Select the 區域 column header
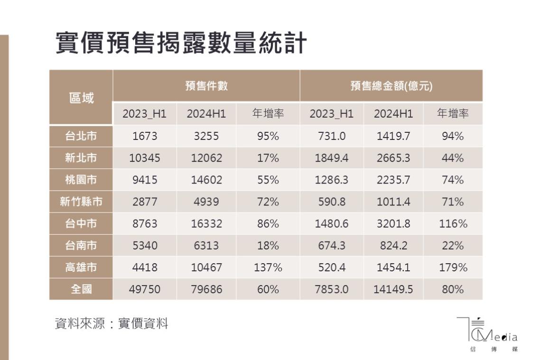[81, 98]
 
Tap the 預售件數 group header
[206, 86]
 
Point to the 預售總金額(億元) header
[391, 86]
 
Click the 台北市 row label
[81, 136]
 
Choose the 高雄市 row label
[81, 268]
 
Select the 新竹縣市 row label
[81, 202]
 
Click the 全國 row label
[81, 289]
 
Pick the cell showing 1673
[144, 137]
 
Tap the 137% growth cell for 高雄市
[268, 268]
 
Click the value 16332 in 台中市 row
[206, 224]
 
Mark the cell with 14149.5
[393, 289]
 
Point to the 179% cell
[453, 268]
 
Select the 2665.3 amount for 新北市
[393, 158]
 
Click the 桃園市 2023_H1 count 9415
[144, 180]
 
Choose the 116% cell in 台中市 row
[453, 224]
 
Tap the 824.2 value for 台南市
[393, 246]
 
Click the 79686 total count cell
[206, 289]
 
